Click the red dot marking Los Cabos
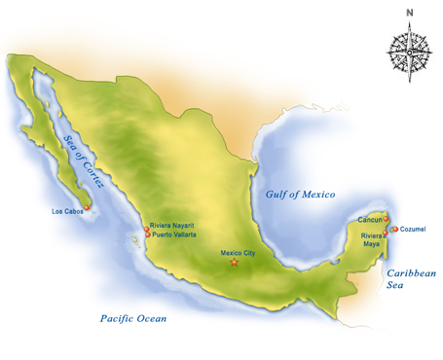(88, 206)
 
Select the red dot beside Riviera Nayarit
(146, 230)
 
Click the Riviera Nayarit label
(176, 225)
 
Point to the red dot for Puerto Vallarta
(147, 235)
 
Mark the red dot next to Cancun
(387, 218)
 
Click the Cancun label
(370, 221)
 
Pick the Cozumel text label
(414, 230)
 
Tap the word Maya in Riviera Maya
(372, 244)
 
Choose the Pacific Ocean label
(133, 318)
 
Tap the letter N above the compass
(410, 12)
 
